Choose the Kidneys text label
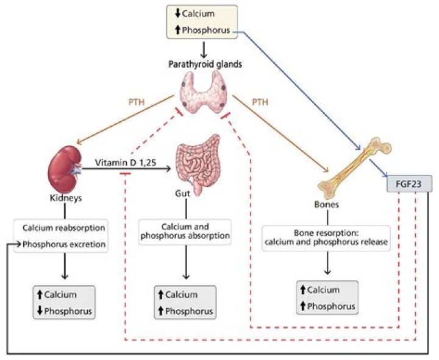[64, 199]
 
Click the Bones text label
[328, 205]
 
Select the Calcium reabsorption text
[63, 228]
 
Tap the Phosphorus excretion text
[63, 245]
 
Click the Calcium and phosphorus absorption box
[185, 232]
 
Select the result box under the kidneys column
[64, 302]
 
